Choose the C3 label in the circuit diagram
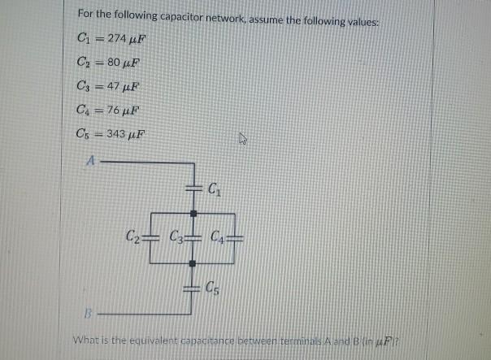pos(175,237)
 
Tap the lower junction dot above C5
pos(193,263)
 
